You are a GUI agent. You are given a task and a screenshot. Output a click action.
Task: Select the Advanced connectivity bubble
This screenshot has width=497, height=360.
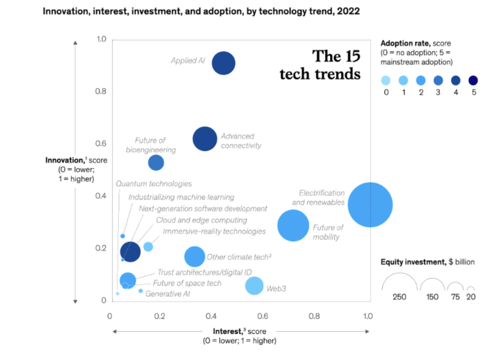(x=205, y=139)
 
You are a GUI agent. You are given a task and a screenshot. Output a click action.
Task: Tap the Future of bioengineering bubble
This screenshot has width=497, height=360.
(x=156, y=163)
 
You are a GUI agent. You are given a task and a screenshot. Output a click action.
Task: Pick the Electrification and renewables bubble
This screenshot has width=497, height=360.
(x=370, y=205)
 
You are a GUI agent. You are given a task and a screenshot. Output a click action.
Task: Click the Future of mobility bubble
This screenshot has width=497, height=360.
(x=293, y=225)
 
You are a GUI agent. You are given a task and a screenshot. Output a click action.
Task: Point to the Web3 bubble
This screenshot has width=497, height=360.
(x=254, y=286)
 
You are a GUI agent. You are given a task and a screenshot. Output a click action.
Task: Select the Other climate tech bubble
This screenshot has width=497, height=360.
(x=195, y=257)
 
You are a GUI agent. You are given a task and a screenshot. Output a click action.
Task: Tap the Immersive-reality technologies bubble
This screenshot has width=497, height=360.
(x=148, y=247)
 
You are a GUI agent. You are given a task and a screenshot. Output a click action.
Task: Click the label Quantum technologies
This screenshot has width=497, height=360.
(x=153, y=184)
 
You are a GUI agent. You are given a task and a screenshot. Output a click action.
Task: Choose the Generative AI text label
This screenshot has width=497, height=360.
(x=167, y=293)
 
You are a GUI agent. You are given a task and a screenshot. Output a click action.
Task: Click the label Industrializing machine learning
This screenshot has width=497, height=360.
(x=181, y=197)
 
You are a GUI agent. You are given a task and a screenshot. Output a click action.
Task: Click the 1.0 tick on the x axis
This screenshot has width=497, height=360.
(x=368, y=316)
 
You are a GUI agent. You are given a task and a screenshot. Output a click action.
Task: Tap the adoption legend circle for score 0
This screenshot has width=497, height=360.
(x=386, y=80)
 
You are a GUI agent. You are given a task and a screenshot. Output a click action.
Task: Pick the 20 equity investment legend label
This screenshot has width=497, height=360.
(x=471, y=297)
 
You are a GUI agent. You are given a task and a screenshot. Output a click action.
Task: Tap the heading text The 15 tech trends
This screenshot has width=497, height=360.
(x=320, y=65)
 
